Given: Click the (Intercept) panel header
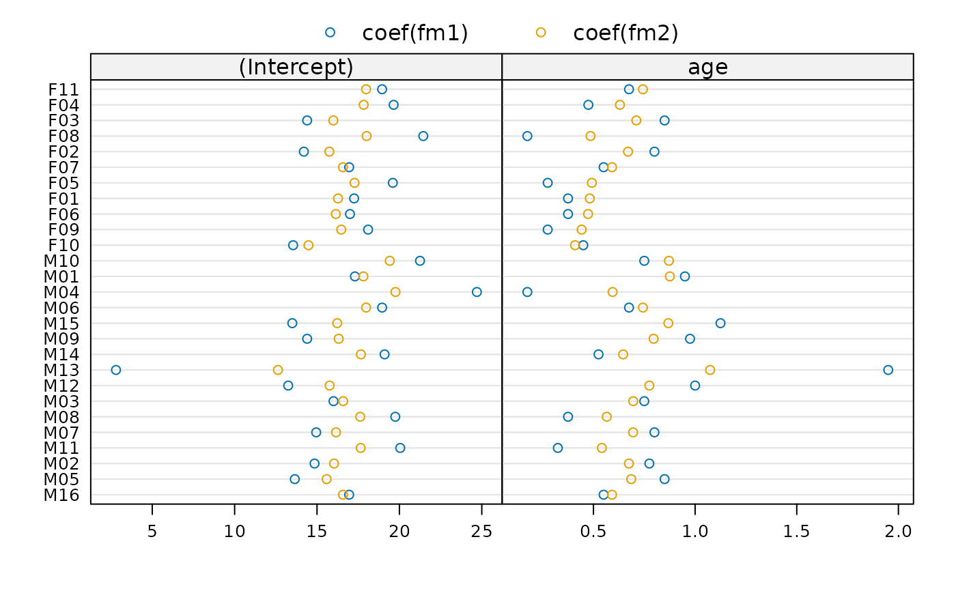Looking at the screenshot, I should (296, 68).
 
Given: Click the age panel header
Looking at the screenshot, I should (707, 68).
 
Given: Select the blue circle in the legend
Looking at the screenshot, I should (330, 32).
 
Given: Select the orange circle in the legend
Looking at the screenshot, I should (541, 32).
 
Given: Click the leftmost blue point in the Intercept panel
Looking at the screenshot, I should (116, 370).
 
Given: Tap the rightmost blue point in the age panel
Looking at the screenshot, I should (888, 370).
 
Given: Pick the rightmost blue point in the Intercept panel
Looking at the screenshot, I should (477, 292).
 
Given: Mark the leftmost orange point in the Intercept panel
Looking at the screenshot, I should (278, 370).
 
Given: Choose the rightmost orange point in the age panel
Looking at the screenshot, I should (710, 370).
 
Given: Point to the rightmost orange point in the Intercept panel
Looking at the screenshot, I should (395, 292).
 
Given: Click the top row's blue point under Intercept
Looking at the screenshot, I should (382, 89).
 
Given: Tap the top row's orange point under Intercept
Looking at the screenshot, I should (366, 89).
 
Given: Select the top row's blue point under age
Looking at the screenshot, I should (629, 89).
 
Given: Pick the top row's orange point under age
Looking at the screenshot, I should (643, 89).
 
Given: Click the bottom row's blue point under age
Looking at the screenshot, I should (603, 495).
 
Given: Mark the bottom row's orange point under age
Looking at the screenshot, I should (612, 495).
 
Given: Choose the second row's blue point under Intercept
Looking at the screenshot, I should (393, 105).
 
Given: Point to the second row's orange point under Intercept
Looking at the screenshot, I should (363, 105).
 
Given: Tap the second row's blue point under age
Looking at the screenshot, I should (589, 105).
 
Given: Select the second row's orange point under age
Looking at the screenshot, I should (619, 105).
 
